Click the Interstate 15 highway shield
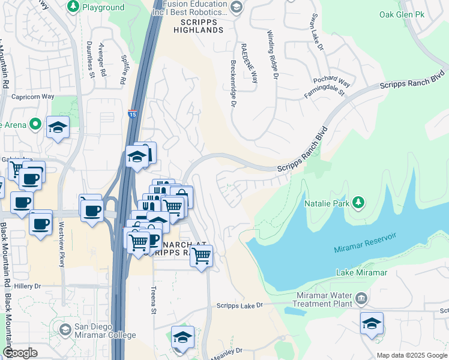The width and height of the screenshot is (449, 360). pyautogui.click(x=132, y=113)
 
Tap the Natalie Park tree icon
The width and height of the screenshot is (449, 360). pyautogui.click(x=358, y=202)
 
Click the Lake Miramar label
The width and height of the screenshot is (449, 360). pyautogui.click(x=361, y=272)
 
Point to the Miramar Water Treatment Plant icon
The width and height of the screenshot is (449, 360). pyautogui.click(x=361, y=298)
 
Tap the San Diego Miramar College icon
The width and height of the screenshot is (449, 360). pyautogui.click(x=65, y=329)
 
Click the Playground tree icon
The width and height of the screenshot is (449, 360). pyautogui.click(x=73, y=7)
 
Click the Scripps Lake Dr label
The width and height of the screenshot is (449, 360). pyautogui.click(x=240, y=305)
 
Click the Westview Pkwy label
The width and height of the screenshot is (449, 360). pyautogui.click(x=61, y=246)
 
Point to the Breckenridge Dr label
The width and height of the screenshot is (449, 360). pyautogui.click(x=232, y=83)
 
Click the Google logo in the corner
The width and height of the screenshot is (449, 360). pyautogui.click(x=20, y=353)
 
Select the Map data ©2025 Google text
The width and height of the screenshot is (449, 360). pyautogui.click(x=411, y=355)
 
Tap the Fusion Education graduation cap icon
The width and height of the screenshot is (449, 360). pyautogui.click(x=237, y=7)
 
